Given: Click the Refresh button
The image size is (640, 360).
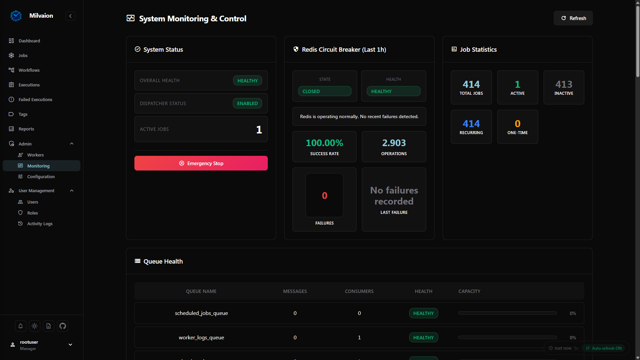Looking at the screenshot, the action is pyautogui.click(x=573, y=18).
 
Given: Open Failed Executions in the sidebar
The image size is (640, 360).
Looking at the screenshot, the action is pyautogui.click(x=35, y=99).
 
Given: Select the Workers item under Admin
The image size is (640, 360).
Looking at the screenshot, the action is pyautogui.click(x=35, y=155).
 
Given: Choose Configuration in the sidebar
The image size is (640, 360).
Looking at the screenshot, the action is pyautogui.click(x=41, y=176).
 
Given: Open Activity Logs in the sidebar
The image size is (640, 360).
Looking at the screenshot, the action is pyautogui.click(x=40, y=224).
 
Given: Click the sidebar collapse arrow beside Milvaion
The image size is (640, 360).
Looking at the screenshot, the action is pyautogui.click(x=70, y=16).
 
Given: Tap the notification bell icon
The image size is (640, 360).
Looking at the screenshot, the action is pyautogui.click(x=20, y=326).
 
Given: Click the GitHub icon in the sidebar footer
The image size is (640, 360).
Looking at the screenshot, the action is pyautogui.click(x=63, y=326).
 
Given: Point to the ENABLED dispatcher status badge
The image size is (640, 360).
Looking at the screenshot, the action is pyautogui.click(x=247, y=103).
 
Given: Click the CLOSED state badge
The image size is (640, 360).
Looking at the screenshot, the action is pyautogui.click(x=325, y=91).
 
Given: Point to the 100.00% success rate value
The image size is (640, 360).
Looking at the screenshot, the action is pyautogui.click(x=325, y=143).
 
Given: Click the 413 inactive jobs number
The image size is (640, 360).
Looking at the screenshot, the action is pyautogui.click(x=564, y=84).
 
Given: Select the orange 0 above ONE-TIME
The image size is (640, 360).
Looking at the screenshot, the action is pyautogui.click(x=518, y=123).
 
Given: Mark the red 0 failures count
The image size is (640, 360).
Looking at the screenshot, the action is pyautogui.click(x=325, y=196).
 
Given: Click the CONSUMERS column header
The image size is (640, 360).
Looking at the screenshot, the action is pyautogui.click(x=359, y=291).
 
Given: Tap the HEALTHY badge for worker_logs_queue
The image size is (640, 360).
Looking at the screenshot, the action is pyautogui.click(x=424, y=337).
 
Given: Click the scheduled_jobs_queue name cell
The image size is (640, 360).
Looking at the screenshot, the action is pyautogui.click(x=201, y=313).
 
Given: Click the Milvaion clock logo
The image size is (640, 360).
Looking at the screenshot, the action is pyautogui.click(x=16, y=16).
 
